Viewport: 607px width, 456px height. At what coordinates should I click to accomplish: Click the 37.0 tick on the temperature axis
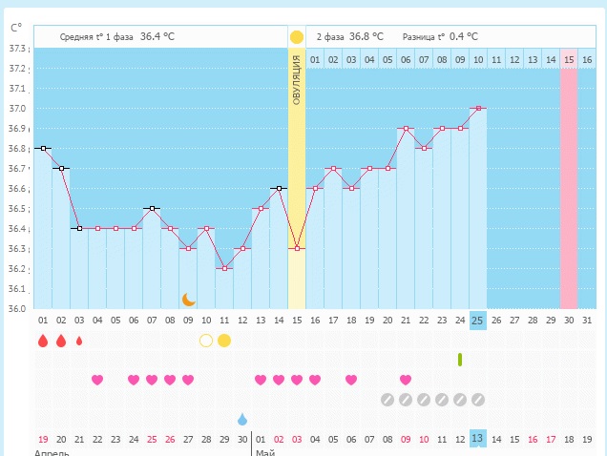[16, 108]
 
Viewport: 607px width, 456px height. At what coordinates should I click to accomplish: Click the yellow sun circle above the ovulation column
[297, 37]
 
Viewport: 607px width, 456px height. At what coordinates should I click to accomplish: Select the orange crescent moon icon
[189, 300]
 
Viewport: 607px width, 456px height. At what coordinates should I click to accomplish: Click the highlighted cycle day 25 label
[477, 320]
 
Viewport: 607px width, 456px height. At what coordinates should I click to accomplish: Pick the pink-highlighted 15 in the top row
[569, 59]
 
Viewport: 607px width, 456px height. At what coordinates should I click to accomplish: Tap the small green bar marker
[460, 359]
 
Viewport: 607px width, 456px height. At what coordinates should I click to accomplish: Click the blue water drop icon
[242, 419]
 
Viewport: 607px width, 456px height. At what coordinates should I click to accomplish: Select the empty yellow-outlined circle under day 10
[205, 340]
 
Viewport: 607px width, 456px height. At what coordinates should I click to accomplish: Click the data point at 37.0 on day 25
[477, 108]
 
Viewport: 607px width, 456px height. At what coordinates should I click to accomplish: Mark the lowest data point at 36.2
[224, 268]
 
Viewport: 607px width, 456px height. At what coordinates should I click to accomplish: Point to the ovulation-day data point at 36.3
[297, 248]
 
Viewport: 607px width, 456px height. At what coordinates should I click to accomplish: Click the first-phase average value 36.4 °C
[157, 36]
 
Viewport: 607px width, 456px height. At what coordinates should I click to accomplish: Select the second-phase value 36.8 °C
[366, 36]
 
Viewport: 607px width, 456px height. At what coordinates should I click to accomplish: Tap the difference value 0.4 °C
[464, 36]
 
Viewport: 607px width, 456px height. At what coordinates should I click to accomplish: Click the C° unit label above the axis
[15, 29]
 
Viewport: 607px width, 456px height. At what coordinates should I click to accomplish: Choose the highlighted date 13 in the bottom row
[477, 439]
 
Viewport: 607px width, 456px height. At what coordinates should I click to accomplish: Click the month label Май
[264, 452]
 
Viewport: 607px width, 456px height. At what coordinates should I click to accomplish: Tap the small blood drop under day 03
[78, 341]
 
